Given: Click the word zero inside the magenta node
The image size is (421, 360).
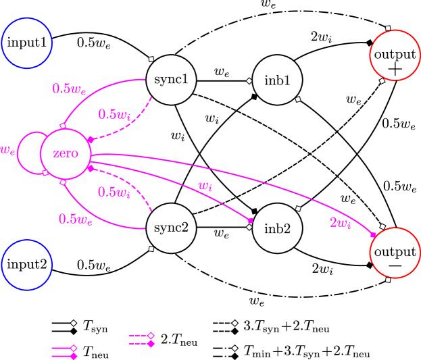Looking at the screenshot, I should tap(66, 153).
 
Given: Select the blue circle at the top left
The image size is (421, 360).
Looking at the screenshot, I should tap(27, 43).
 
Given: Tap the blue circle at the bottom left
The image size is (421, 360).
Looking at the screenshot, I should tap(27, 265).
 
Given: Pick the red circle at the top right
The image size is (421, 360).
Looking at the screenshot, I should tap(395, 55).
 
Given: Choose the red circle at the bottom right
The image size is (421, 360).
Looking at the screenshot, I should tap(395, 253).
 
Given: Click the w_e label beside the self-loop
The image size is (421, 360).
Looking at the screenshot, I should tap(8, 150).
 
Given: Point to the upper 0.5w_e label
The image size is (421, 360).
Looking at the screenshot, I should tap(69, 88).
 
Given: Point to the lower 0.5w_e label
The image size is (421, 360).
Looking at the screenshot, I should tap(75, 219).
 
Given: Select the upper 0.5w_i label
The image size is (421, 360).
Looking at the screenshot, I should tap(114, 114).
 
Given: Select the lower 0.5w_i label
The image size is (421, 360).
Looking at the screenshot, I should tap(114, 192).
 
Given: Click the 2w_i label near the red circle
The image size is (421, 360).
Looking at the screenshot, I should tap(340, 222).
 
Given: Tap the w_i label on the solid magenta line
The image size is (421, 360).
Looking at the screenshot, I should tap(205, 186).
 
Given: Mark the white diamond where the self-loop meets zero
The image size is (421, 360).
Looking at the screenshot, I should tap(45, 173).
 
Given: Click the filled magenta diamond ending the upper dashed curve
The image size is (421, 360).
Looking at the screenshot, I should tap(90, 140).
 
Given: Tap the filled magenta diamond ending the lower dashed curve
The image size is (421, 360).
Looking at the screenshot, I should tap(90, 168).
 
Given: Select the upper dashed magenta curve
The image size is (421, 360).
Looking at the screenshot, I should tap(128, 126).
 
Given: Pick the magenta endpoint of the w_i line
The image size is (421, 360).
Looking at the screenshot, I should tap(250, 220).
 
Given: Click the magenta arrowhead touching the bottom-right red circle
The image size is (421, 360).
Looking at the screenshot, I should tap(373, 234).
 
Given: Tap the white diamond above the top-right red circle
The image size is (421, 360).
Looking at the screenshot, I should tap(388, 28).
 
